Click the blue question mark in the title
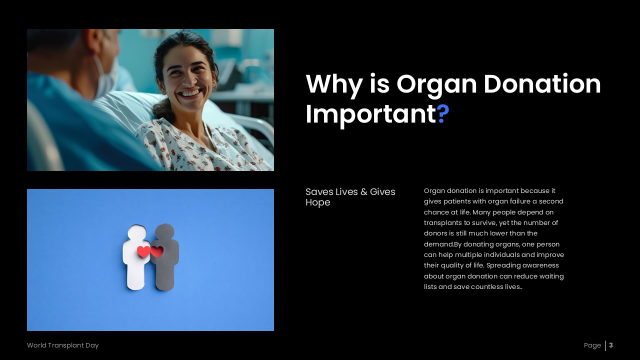pyautogui.click(x=443, y=114)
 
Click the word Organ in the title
pyautogui.click(x=436, y=84)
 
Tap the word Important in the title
pyautogui.click(x=370, y=114)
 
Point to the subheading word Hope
pyautogui.click(x=317, y=202)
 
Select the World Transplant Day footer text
pyautogui.click(x=62, y=345)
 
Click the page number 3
pyautogui.click(x=611, y=345)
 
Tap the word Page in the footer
pyautogui.click(x=592, y=345)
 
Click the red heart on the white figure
pyautogui.click(x=143, y=251)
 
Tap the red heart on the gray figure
pyautogui.click(x=157, y=251)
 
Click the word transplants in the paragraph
pyautogui.click(x=442, y=223)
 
